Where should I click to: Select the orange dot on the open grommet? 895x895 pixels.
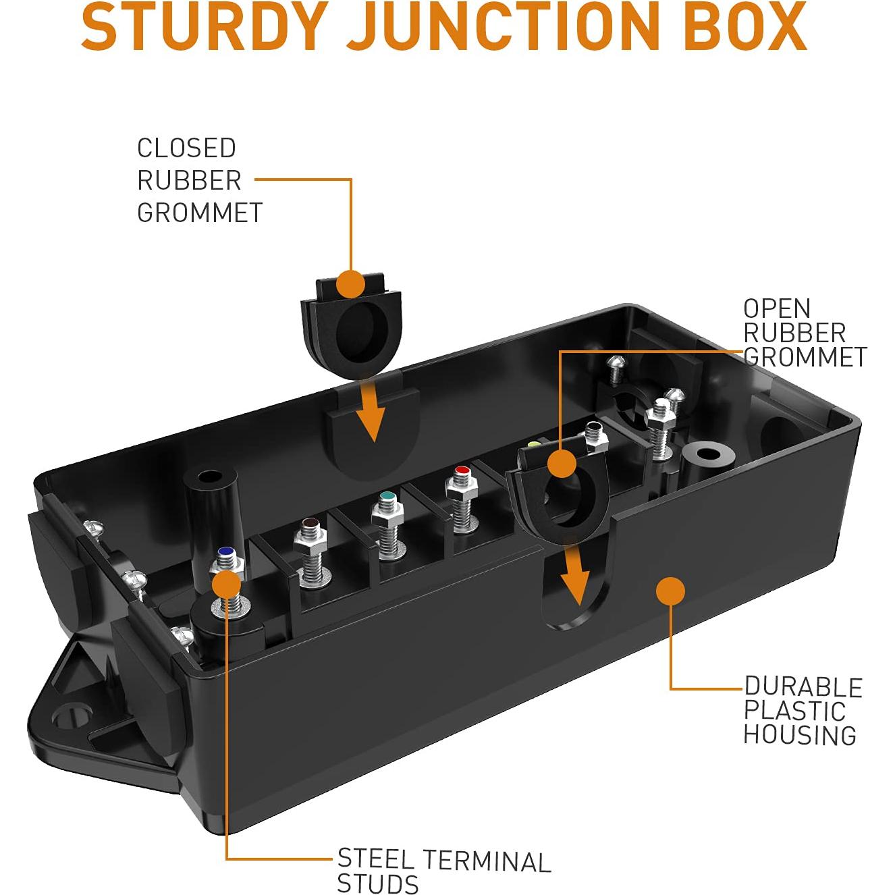561,465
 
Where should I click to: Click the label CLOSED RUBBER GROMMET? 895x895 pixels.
199,180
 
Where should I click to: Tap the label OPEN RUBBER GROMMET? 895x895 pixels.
804,333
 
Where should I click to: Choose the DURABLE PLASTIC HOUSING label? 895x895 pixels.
803,711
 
